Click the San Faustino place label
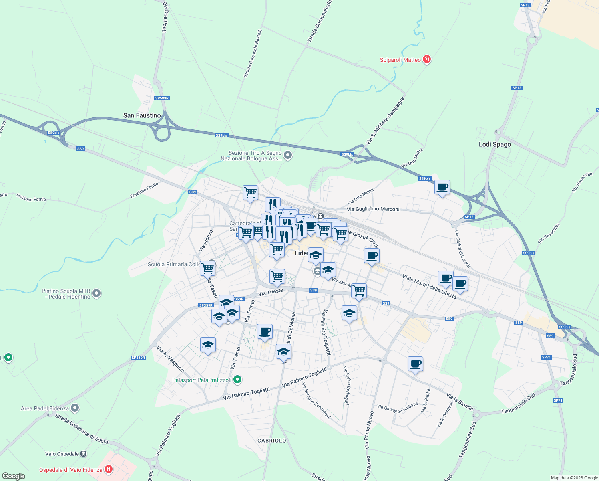[142, 115]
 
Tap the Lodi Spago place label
[495, 144]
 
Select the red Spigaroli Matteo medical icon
[427, 60]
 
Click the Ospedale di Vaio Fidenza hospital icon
[108, 469]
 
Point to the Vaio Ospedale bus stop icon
[83, 454]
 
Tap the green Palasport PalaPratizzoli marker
[237, 380]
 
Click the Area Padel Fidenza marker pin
[75, 408]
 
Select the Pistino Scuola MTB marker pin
[96, 294]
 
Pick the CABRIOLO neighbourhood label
[272, 441]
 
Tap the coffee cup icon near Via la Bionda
[415, 364]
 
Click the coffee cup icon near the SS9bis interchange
[442, 187]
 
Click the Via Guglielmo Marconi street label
[373, 209]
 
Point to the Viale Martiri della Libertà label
[429, 287]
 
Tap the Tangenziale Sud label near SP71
[518, 404]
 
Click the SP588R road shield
[162, 98]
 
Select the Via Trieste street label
[271, 292]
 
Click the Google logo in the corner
[14, 476]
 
